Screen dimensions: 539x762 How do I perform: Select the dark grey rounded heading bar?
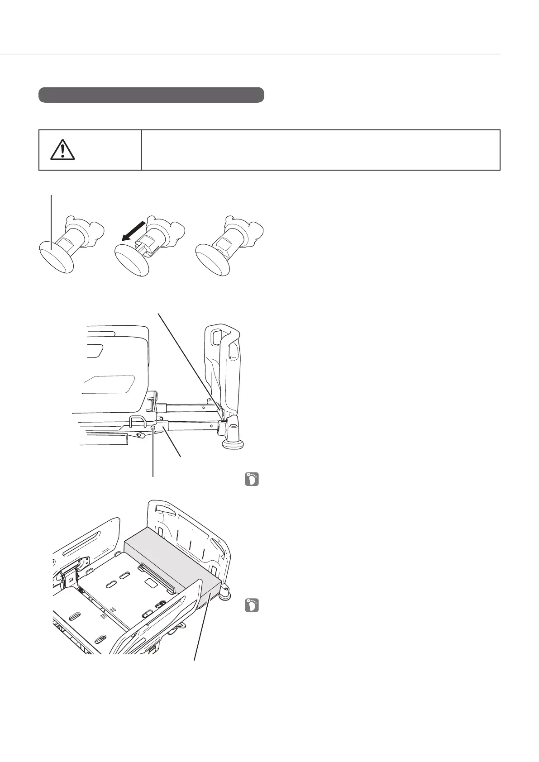coord(151,95)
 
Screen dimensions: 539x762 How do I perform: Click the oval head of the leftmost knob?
coord(55,257)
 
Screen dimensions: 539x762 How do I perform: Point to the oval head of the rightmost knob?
coord(212,259)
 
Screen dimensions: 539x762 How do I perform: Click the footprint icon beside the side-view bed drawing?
coord(252,479)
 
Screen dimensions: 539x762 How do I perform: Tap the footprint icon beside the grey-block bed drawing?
coord(252,605)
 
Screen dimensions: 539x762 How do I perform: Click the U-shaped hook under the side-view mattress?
coord(136,421)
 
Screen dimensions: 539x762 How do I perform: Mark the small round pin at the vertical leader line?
coord(153,428)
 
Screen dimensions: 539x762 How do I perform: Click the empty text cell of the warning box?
coord(320,150)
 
